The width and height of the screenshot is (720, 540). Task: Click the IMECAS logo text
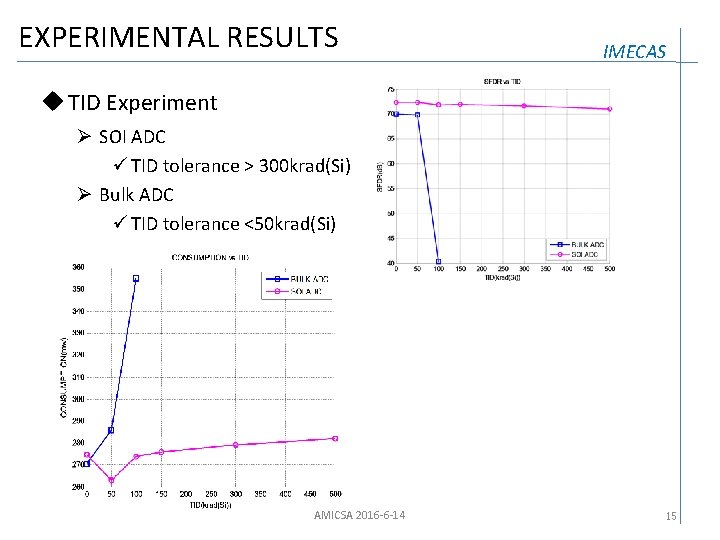634,52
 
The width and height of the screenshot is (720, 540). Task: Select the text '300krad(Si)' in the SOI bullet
304,166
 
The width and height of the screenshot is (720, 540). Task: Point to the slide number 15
672,516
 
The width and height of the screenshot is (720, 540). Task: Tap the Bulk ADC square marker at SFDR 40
439,262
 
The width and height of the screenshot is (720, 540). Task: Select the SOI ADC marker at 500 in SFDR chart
610,109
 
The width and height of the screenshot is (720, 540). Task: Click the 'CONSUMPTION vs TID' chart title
211,258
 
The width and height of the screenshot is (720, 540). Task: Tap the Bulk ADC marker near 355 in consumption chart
136,278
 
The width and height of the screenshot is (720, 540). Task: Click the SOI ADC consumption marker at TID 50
112,480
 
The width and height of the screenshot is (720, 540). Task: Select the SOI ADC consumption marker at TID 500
335,438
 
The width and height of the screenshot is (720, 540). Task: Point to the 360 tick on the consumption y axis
77,267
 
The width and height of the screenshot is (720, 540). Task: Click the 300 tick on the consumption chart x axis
236,494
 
